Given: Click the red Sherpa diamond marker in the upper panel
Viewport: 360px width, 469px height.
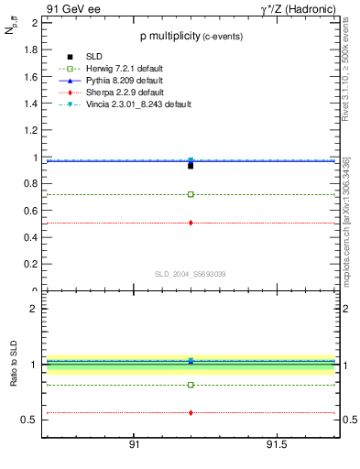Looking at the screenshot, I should (191, 223).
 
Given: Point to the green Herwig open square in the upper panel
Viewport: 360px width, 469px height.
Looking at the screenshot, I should (191, 194).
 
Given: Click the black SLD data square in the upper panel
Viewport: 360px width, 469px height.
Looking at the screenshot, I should (191, 166).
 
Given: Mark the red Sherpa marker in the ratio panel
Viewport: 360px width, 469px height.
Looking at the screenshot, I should (191, 413).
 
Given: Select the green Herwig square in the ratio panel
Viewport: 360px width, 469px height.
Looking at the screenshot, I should (191, 385).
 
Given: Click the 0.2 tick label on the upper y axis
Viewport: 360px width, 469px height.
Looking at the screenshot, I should (33, 265).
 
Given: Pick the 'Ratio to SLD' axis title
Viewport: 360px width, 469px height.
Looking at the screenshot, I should (16, 376).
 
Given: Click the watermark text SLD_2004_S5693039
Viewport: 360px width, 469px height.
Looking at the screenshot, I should (190, 274).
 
